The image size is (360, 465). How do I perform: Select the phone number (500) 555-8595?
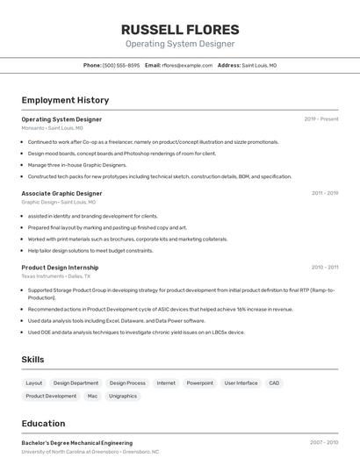(x=121, y=65)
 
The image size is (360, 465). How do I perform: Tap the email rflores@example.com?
(x=187, y=65)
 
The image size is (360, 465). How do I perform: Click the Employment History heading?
(x=65, y=100)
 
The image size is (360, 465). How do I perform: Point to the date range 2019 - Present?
(x=320, y=118)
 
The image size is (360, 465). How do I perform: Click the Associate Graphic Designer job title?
(x=61, y=193)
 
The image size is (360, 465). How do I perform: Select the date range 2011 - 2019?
(x=324, y=193)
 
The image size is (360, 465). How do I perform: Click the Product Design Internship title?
(x=60, y=267)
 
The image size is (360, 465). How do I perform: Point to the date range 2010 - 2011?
(x=324, y=267)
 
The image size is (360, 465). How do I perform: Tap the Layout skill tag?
(x=34, y=383)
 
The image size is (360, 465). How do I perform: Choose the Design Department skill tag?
(x=76, y=383)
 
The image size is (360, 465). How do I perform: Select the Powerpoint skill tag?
(x=199, y=383)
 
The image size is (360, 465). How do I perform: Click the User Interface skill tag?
(x=241, y=383)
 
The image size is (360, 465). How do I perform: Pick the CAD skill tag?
(x=274, y=383)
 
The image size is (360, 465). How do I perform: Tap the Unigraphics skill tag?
(x=123, y=396)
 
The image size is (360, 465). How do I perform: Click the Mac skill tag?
(x=92, y=396)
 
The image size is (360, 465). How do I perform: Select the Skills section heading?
(x=32, y=360)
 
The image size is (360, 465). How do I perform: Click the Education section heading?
(x=43, y=423)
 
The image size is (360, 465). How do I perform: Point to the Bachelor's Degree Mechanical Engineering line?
(x=77, y=443)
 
